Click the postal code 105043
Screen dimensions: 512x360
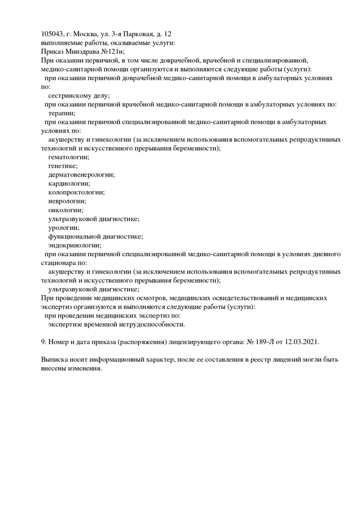[x=53, y=34]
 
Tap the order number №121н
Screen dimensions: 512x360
[x=112, y=51]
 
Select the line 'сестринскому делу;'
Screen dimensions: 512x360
[x=79, y=95]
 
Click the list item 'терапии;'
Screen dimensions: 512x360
[x=61, y=113]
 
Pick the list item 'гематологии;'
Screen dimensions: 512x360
[x=68, y=157]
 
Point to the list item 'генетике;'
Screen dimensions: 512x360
[x=63, y=166]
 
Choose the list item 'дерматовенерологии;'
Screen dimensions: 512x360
[x=81, y=174]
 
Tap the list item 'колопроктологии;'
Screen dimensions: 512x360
[x=76, y=192]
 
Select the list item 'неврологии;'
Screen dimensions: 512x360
[x=67, y=201]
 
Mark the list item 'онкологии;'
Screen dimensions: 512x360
[x=66, y=210]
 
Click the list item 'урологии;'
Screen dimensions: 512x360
[x=63, y=227]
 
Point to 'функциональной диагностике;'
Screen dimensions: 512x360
[x=95, y=236]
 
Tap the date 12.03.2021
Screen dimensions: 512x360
[x=301, y=342]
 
